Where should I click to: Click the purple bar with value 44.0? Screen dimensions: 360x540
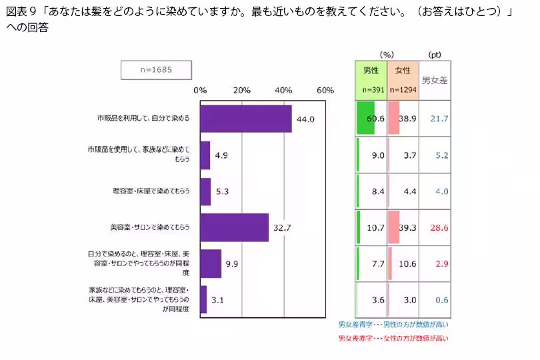coord(245,119)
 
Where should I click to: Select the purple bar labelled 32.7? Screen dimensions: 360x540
coord(234,227)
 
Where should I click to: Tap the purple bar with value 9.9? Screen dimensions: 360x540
coord(210,263)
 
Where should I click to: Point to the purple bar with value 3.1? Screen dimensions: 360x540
coord(203,299)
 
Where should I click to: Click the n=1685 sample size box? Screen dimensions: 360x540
coord(156,69)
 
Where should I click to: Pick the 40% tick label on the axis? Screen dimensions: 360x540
coord(284,90)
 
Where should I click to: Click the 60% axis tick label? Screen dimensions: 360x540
coord(325,90)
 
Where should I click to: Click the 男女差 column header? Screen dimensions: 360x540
coord(435,79)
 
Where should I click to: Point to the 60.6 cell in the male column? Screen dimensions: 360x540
coord(375,119)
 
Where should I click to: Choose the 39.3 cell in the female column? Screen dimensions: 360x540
coord(407,227)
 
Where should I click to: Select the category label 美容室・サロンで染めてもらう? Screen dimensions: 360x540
coord(150,227)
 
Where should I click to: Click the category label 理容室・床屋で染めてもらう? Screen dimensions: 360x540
coord(152,191)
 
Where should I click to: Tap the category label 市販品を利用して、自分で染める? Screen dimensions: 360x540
coord(143,119)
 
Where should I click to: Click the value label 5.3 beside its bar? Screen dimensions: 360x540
coord(222,191)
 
